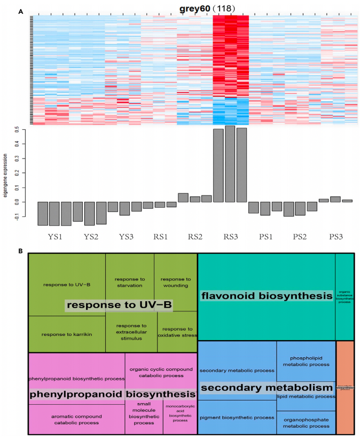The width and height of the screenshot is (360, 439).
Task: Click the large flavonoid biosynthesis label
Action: coord(266,296)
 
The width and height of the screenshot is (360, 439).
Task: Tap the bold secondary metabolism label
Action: coord(267,387)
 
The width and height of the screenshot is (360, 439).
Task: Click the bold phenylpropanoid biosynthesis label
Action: coord(112,394)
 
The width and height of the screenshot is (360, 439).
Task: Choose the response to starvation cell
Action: coord(130,282)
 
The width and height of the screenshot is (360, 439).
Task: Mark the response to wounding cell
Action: coord(176,282)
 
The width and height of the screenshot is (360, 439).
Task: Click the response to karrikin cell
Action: coord(67,334)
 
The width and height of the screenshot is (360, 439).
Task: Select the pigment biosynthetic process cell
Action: coord(237,417)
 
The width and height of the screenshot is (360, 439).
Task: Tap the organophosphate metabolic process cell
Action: coord(306,422)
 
